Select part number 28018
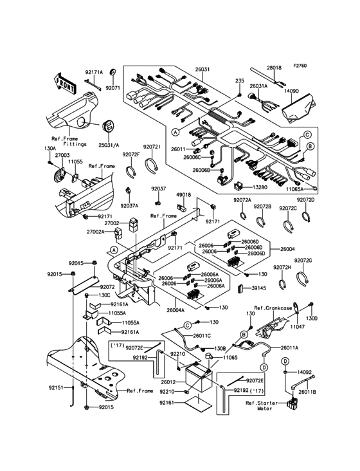tap(274, 67)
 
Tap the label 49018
tap(184, 194)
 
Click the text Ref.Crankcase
tap(273, 308)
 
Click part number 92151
tap(55, 388)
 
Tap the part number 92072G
tap(303, 260)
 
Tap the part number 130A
tap(50, 149)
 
